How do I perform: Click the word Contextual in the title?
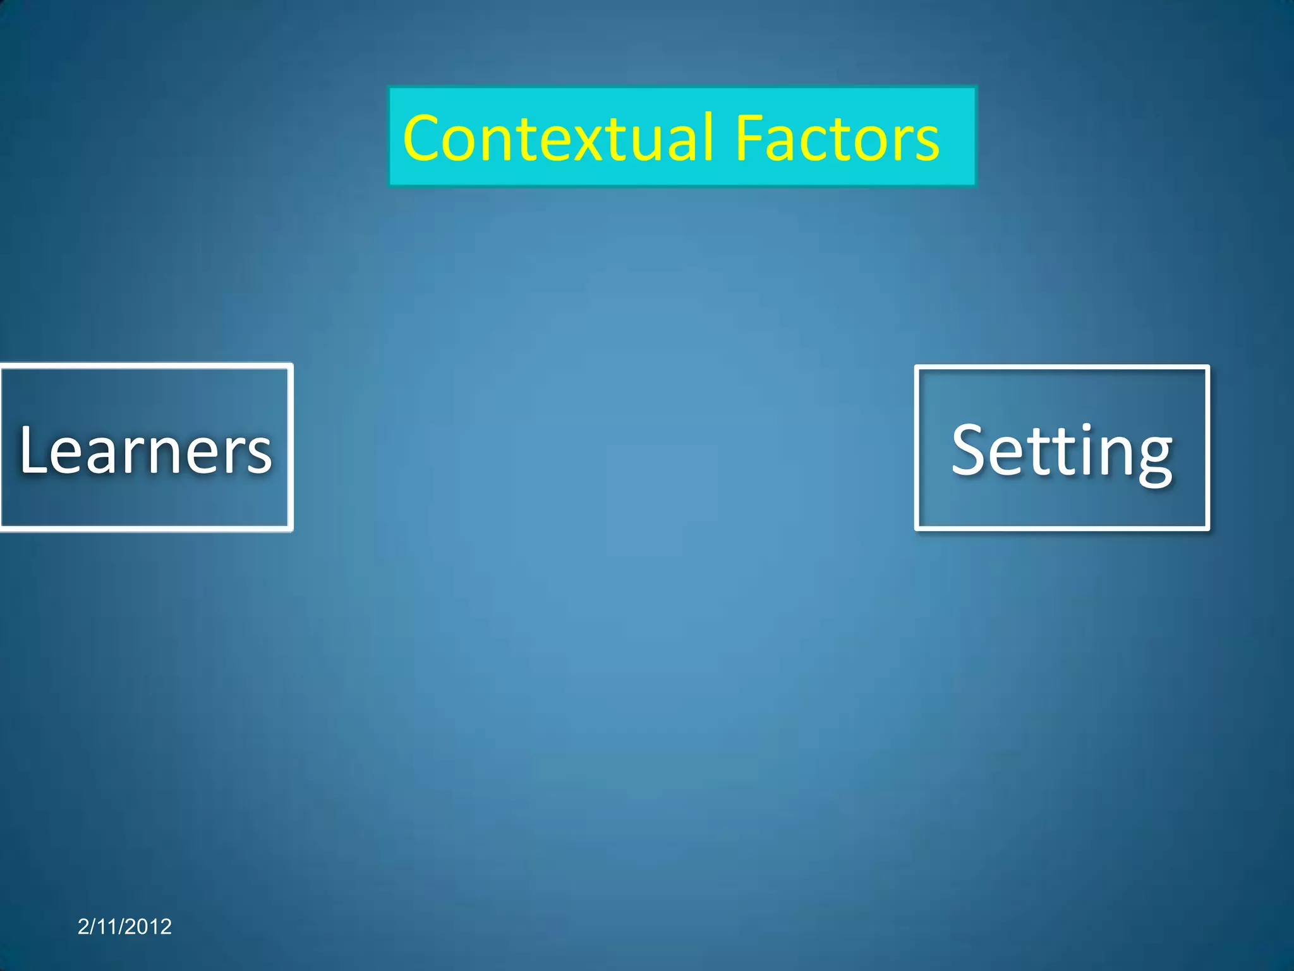(x=559, y=138)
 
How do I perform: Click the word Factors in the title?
(x=837, y=138)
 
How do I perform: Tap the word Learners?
(x=145, y=449)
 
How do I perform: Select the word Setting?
(x=1061, y=450)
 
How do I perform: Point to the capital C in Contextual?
(x=425, y=138)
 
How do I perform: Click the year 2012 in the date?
(x=149, y=927)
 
